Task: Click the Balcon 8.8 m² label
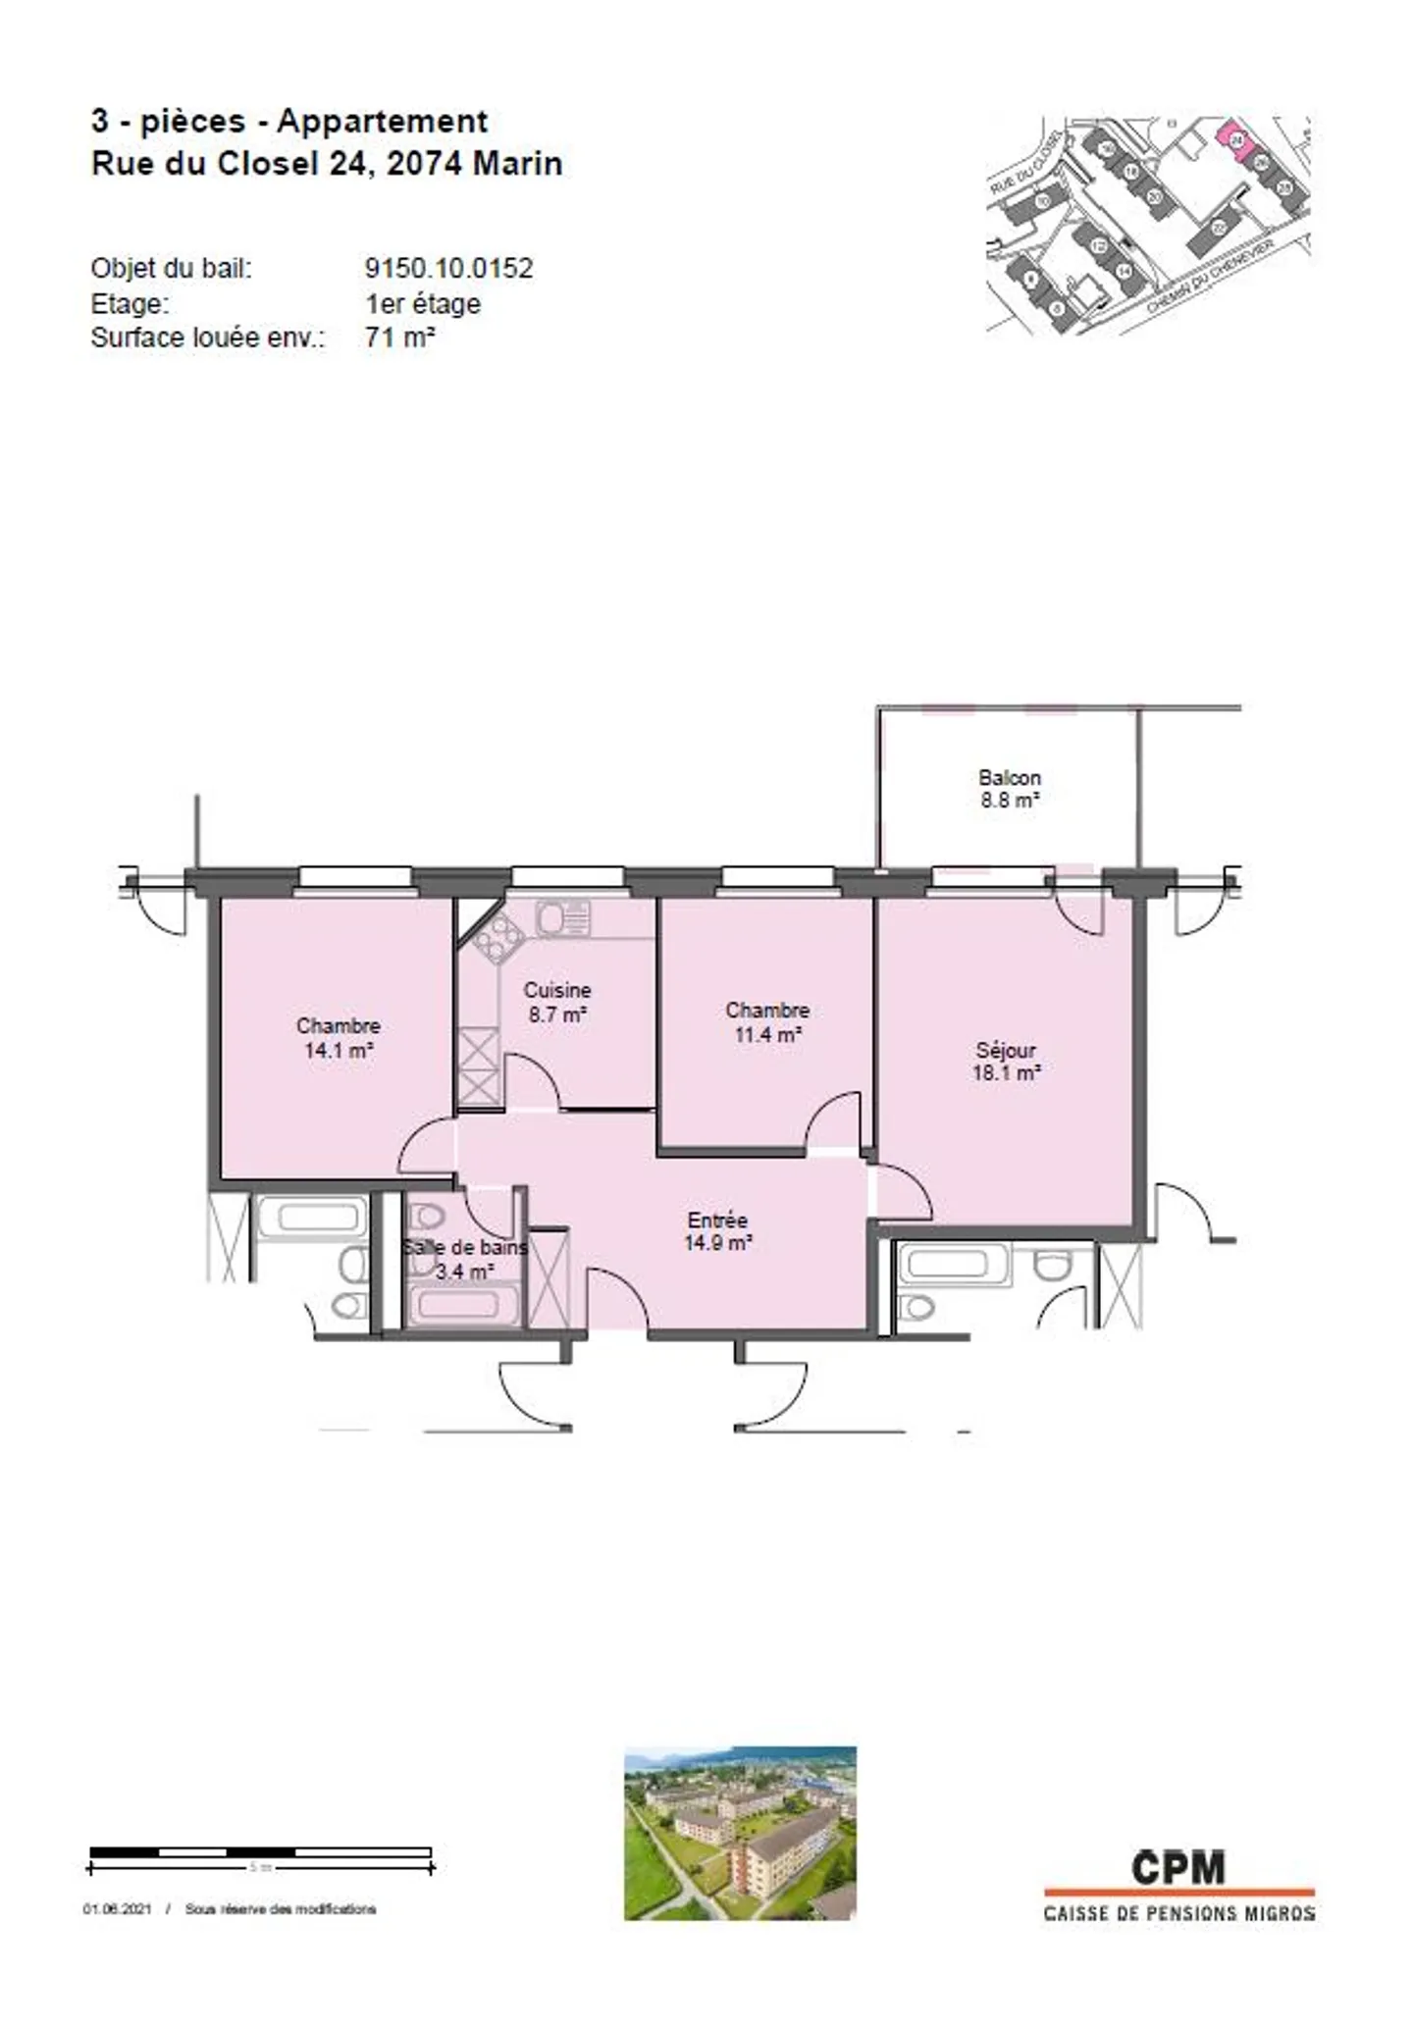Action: (x=1009, y=789)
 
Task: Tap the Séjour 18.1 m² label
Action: (x=1006, y=1062)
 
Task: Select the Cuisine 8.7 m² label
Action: (x=556, y=1002)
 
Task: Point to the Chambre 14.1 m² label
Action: (x=338, y=1037)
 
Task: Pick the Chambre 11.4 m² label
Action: (x=767, y=1021)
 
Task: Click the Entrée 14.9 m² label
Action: (x=717, y=1231)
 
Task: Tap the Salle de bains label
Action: (x=465, y=1248)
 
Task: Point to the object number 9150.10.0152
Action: (x=448, y=268)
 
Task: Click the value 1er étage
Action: (x=422, y=303)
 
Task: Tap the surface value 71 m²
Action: (x=399, y=338)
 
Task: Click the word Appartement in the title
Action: (x=382, y=121)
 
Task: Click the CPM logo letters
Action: (x=1177, y=1867)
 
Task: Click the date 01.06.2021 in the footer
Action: (x=117, y=1909)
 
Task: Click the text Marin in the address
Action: (x=517, y=163)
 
